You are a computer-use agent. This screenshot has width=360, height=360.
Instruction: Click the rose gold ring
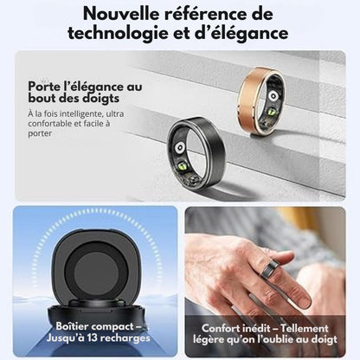(x=261, y=100)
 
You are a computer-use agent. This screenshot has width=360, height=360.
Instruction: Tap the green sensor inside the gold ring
(x=272, y=112)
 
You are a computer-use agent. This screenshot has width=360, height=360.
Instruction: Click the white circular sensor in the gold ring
(x=273, y=96)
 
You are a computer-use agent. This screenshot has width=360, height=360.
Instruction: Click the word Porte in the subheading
(x=44, y=87)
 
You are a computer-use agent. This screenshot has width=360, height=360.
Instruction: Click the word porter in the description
(x=40, y=134)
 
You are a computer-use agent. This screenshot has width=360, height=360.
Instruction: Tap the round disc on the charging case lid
(x=96, y=273)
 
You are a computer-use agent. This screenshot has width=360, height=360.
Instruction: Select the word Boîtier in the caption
(x=72, y=326)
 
